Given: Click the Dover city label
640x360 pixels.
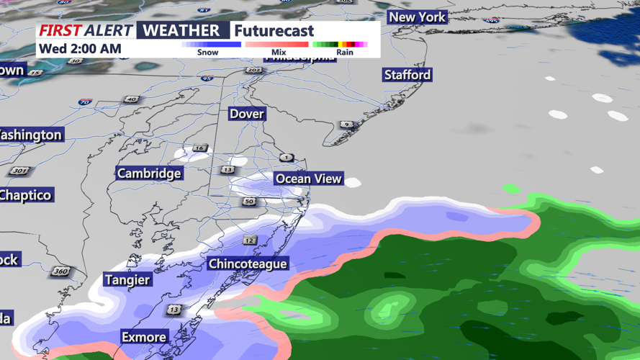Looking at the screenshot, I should [x=247, y=114].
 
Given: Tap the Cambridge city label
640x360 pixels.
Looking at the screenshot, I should [x=149, y=174].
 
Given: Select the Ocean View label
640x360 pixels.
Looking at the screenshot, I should [x=308, y=179].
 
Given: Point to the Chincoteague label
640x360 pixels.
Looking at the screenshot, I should [x=248, y=264].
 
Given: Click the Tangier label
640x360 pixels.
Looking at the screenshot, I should [x=127, y=280].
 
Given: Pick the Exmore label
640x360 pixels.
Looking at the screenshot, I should [x=144, y=337].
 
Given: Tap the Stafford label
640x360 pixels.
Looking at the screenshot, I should [x=407, y=75].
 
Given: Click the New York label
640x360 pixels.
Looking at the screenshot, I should [x=418, y=17].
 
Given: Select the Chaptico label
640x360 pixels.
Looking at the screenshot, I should [x=26, y=195].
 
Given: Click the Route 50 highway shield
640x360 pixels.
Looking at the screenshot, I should [x=248, y=202].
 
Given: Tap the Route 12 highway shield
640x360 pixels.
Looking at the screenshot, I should [x=249, y=240].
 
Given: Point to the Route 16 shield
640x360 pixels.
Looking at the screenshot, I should [x=199, y=148].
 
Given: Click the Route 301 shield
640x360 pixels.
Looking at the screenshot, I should [x=19, y=171].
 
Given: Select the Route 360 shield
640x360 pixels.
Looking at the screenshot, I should [x=60, y=271].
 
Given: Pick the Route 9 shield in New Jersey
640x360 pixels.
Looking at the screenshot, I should [x=346, y=125].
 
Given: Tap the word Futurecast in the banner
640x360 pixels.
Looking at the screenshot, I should [x=274, y=31].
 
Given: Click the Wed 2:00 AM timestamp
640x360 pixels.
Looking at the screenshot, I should [x=80, y=49].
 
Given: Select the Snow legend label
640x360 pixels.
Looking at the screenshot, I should [x=207, y=53].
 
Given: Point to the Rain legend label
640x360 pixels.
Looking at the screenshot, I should [x=345, y=53].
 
